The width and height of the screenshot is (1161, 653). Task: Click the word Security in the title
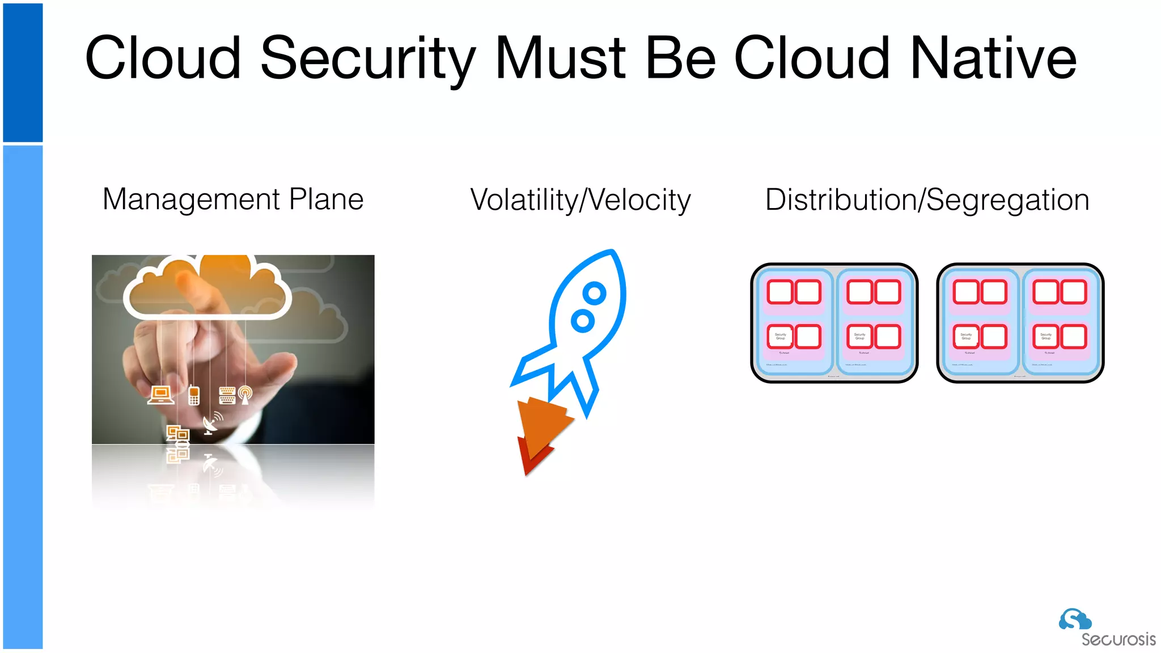point(367,59)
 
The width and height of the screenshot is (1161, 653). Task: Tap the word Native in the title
point(993,58)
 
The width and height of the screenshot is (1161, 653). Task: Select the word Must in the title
point(560,58)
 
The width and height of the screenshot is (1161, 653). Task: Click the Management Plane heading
point(233,200)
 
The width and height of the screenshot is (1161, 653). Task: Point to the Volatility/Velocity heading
point(580,200)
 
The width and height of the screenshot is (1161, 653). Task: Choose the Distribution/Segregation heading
point(927,200)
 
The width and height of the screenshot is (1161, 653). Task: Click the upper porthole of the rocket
point(595,293)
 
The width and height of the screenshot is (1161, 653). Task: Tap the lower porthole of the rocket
point(582,321)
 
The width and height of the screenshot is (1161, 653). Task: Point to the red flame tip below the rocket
point(530,459)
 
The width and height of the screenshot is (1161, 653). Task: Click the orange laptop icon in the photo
point(161,395)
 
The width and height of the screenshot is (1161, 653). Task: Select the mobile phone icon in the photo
point(194,395)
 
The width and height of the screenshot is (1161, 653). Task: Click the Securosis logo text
point(1118,639)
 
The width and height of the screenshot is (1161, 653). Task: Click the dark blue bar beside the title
point(23,72)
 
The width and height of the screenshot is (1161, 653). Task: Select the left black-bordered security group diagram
point(834,323)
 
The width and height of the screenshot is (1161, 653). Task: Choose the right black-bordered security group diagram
point(1020,323)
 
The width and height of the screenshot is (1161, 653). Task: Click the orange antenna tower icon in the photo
point(245,395)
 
